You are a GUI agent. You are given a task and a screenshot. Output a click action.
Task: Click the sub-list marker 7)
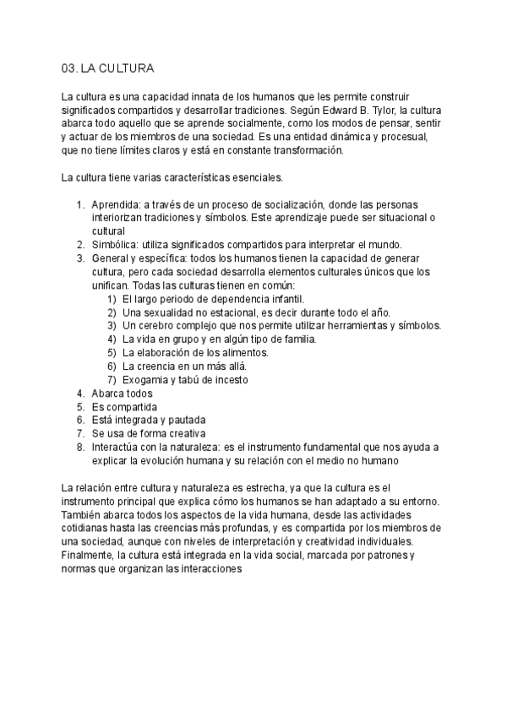pos(112,380)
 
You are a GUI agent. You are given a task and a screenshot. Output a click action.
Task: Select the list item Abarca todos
pos(123,393)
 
